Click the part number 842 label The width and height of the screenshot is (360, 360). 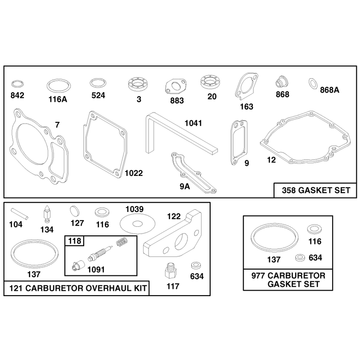[x=17, y=95]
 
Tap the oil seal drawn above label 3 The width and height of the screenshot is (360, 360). [x=139, y=85]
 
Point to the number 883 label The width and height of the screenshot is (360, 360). [x=177, y=100]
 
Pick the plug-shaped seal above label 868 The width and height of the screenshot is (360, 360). [x=282, y=81]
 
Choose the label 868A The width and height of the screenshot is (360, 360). [x=329, y=90]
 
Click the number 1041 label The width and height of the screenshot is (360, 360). [x=193, y=123]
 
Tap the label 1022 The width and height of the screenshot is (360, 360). [x=134, y=173]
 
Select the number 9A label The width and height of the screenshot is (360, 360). [x=185, y=187]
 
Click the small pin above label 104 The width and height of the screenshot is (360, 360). [x=19, y=213]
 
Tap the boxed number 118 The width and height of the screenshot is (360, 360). [x=75, y=241]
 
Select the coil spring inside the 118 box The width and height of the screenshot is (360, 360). [x=122, y=242]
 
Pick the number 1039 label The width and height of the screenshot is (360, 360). [x=134, y=209]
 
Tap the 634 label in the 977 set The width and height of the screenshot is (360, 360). [x=315, y=257]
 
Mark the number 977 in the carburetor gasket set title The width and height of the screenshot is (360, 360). [x=258, y=275]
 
